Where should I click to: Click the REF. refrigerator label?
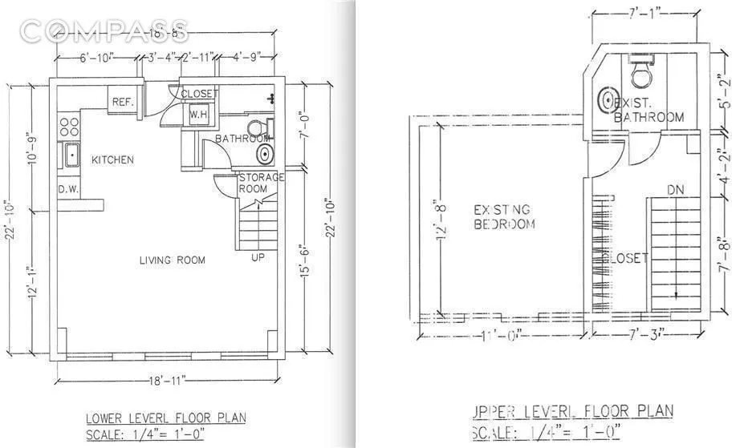click(x=122, y=102)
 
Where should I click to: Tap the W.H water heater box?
click(x=198, y=115)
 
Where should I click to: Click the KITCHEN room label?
click(x=112, y=160)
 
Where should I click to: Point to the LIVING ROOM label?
click(x=172, y=260)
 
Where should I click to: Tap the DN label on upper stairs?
click(x=676, y=190)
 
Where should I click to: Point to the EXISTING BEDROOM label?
click(x=504, y=217)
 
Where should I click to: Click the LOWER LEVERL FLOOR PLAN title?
click(x=166, y=418)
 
